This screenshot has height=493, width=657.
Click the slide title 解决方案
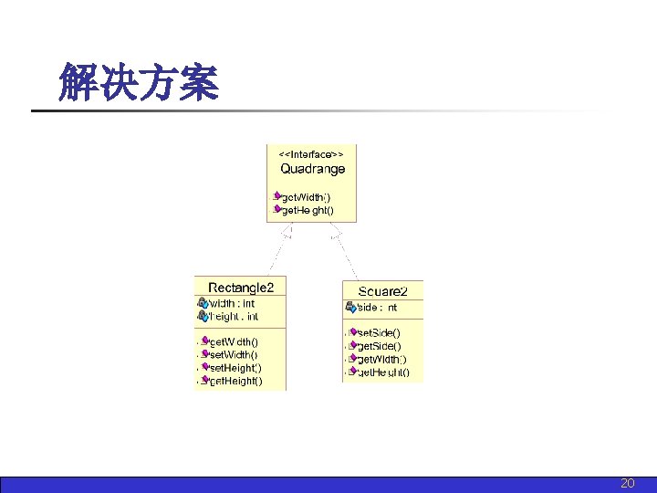point(138,82)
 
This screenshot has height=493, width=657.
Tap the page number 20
point(627,483)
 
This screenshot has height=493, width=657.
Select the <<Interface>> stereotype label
point(310,154)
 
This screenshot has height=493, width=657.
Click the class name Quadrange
point(312,169)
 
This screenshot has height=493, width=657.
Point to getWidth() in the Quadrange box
point(307,196)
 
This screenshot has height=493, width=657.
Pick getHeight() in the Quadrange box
point(308,210)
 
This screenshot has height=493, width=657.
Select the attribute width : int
point(232,303)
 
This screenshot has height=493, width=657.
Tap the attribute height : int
point(234,317)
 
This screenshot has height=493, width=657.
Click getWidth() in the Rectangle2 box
point(235,341)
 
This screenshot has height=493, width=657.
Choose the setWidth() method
point(235,354)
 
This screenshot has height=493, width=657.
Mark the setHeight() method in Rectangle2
point(235,367)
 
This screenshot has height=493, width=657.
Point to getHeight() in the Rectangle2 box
point(235,381)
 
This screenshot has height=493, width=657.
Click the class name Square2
point(382,291)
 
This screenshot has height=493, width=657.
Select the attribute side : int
point(378,308)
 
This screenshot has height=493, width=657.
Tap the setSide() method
point(378,333)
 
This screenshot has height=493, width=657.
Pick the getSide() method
point(378,346)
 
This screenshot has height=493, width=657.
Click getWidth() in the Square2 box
point(381,359)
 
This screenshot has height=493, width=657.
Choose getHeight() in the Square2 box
point(382,372)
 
